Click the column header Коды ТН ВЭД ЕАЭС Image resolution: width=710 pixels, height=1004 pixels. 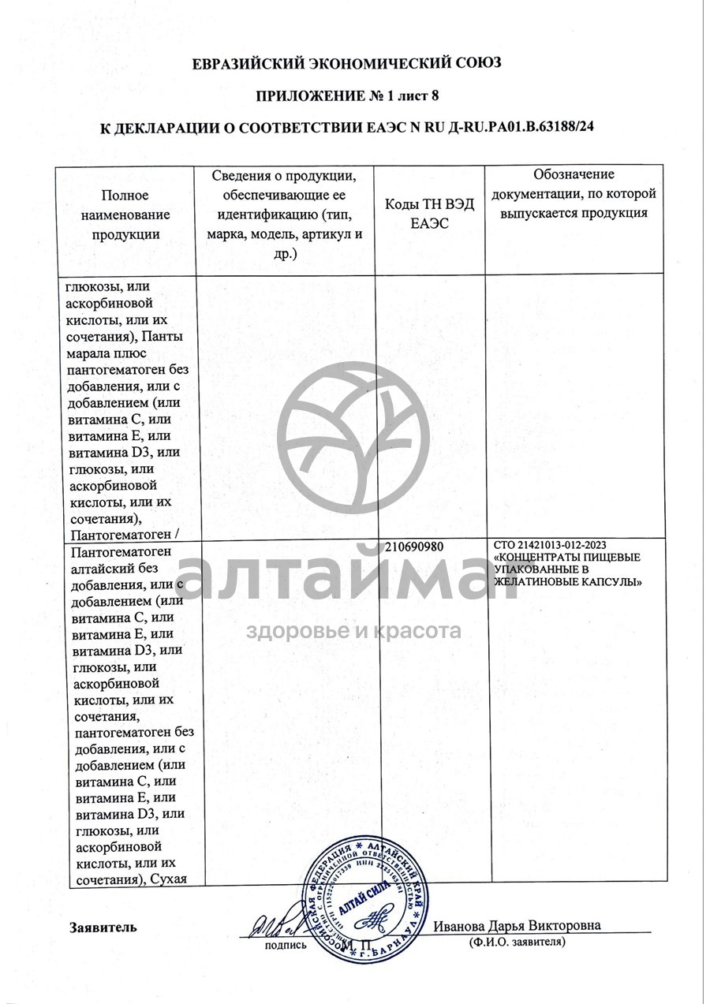click(430, 214)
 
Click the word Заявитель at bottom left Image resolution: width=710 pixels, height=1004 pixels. click(103, 927)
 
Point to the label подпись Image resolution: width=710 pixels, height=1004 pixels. click(285, 945)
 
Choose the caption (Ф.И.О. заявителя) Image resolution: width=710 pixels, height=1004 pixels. click(517, 942)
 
